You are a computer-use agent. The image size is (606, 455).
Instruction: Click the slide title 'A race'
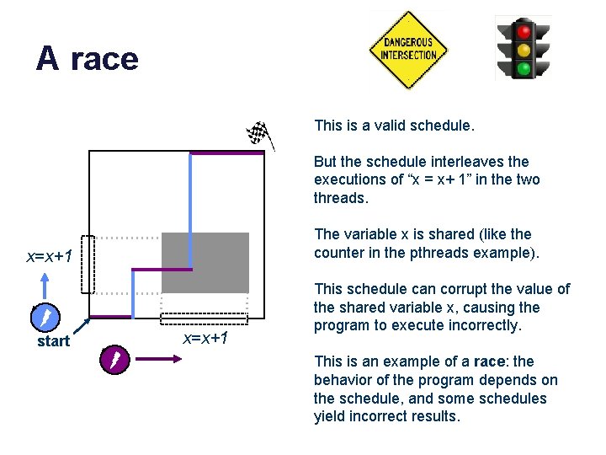[87, 59]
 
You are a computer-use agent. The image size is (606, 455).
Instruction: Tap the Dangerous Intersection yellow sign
[408, 50]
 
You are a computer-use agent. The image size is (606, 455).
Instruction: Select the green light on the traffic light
[524, 67]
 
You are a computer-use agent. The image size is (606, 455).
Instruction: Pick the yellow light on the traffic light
[524, 50]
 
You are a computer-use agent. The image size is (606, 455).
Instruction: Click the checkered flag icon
[258, 132]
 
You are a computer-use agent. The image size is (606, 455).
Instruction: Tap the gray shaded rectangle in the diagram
[205, 262]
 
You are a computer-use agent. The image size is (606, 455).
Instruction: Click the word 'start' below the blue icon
[53, 341]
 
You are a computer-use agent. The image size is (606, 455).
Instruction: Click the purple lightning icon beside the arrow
[113, 360]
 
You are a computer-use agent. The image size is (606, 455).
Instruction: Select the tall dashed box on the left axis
[88, 265]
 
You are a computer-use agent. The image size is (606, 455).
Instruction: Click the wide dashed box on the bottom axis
[205, 318]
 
